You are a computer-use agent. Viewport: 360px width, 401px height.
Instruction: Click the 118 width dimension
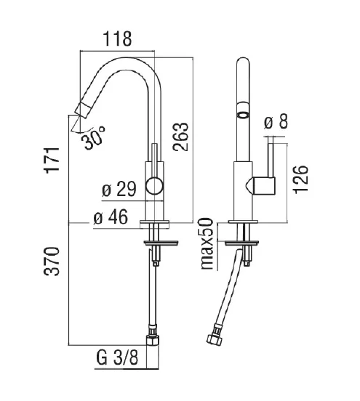click(117, 39)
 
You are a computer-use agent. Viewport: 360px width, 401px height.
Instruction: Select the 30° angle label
click(93, 137)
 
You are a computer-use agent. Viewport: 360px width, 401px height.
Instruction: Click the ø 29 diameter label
click(119, 190)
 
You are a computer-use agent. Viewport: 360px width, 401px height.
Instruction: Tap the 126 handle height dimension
click(303, 179)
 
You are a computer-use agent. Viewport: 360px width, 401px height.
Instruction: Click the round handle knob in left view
click(153, 185)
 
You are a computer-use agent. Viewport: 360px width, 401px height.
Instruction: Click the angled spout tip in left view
click(79, 109)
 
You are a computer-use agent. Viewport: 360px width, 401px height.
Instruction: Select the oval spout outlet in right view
click(242, 115)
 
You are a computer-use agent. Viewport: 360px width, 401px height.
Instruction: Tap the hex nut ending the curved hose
click(216, 339)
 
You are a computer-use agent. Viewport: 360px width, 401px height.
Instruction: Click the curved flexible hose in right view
click(233, 291)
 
